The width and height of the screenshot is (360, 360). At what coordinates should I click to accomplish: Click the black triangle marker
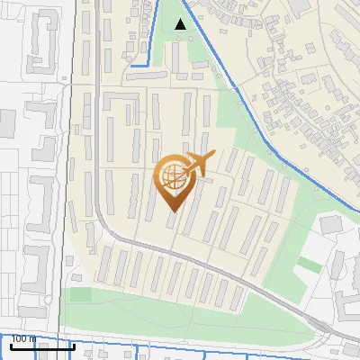(x=181, y=24)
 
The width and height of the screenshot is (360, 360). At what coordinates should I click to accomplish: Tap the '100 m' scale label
(x=24, y=338)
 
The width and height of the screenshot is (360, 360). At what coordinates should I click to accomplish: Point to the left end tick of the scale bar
(x=11, y=345)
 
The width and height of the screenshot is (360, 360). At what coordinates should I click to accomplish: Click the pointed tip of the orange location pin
(x=172, y=211)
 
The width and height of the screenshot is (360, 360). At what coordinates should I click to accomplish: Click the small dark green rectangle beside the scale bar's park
(x=80, y=294)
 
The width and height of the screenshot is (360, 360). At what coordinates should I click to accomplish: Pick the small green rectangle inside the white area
(x=310, y=265)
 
